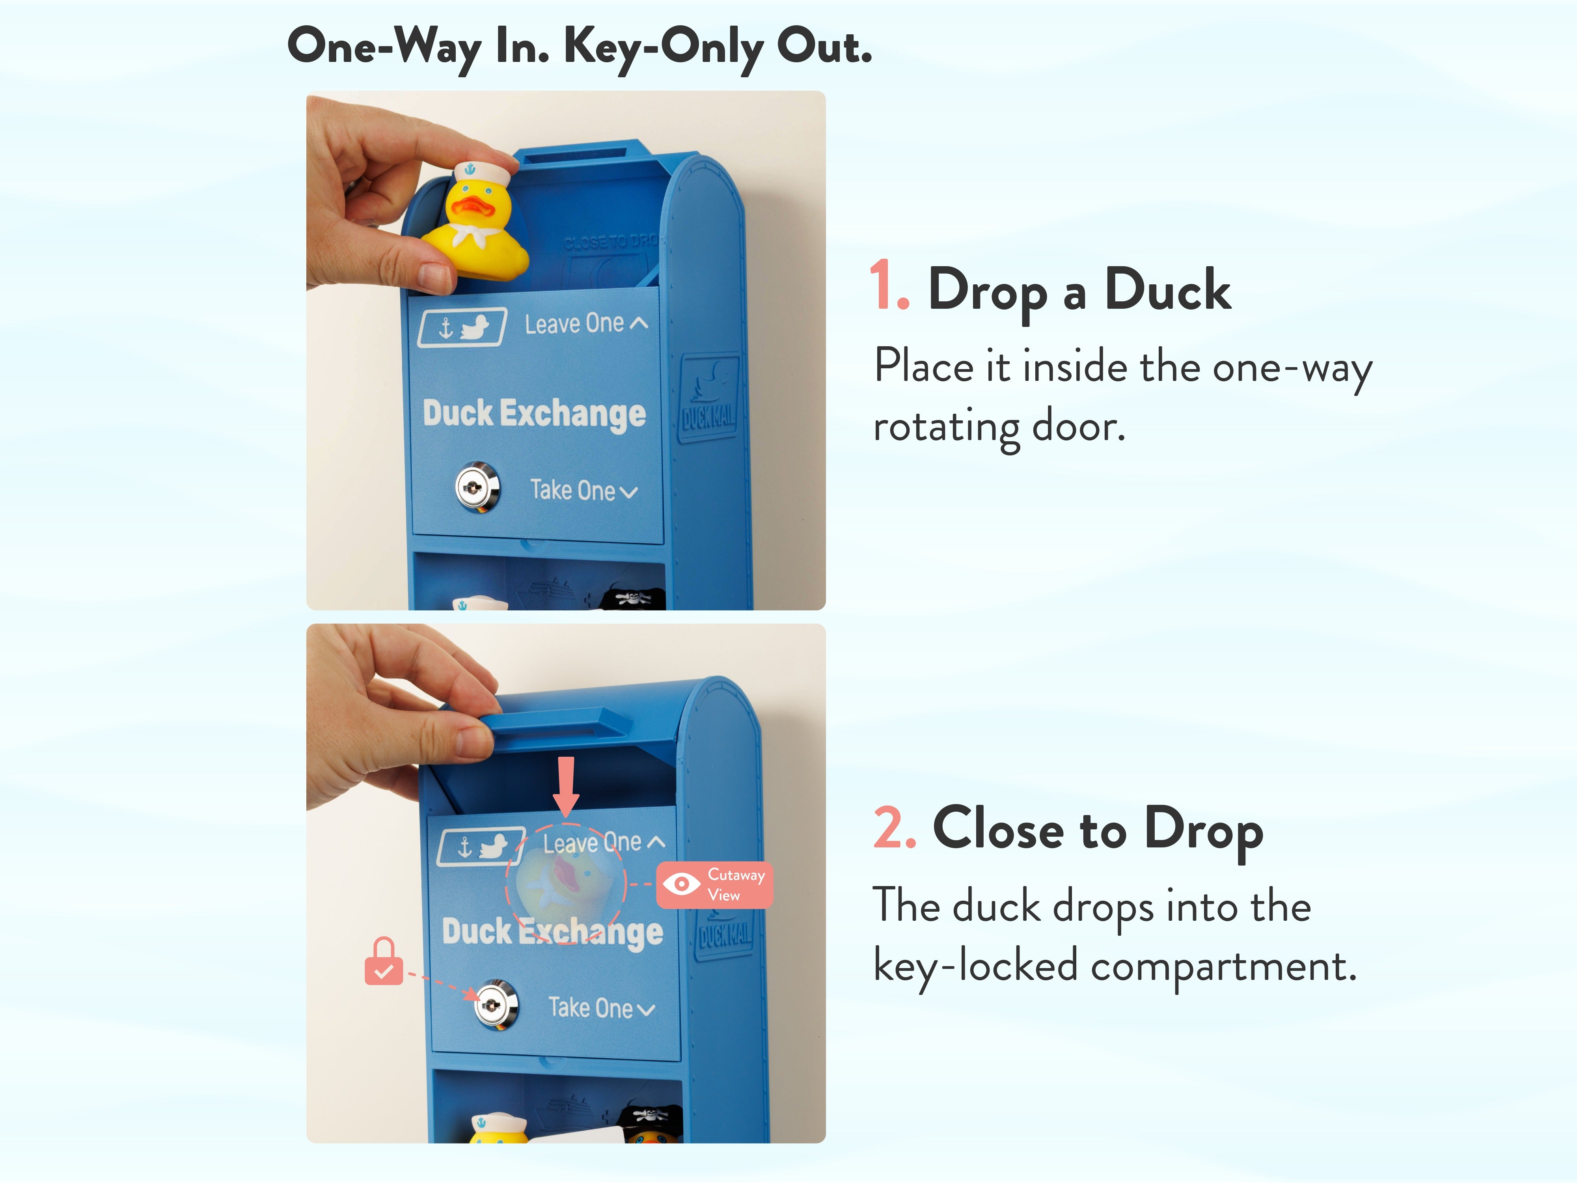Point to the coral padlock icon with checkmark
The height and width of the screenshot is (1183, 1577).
click(x=384, y=961)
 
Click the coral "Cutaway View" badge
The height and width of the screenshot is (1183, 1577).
click(x=714, y=885)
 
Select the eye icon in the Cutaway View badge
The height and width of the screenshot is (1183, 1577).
click(x=682, y=884)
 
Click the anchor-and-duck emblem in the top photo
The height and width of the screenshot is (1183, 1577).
click(x=462, y=327)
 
